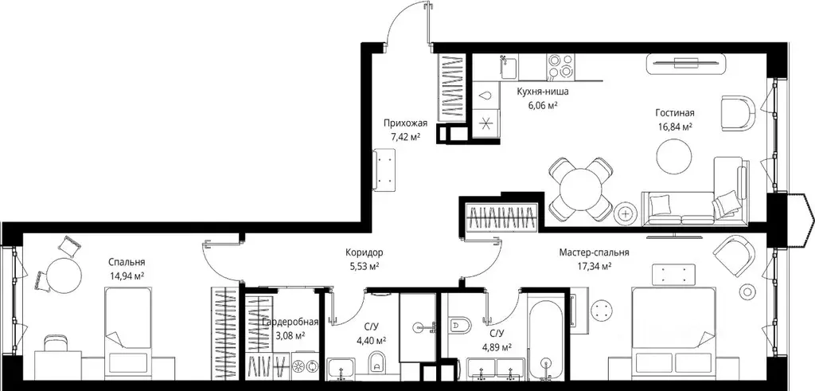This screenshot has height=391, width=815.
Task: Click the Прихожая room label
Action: pos(405,123)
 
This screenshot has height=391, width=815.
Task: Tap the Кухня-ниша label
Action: pos(542,92)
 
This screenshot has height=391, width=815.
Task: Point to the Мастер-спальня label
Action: pos(594,252)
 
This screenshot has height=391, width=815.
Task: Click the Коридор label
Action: pos(365,252)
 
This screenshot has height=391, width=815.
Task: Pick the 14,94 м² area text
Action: pos(127,275)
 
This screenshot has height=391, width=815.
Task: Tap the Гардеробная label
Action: pos(290,323)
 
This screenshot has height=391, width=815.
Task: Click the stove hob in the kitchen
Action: pos(560,67)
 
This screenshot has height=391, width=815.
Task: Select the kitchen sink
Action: pos(509,67)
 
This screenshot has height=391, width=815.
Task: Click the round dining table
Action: pos(580,188)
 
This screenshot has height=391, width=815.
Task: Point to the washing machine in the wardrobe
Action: pos(306,366)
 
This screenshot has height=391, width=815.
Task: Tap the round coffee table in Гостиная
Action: pos(674,158)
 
